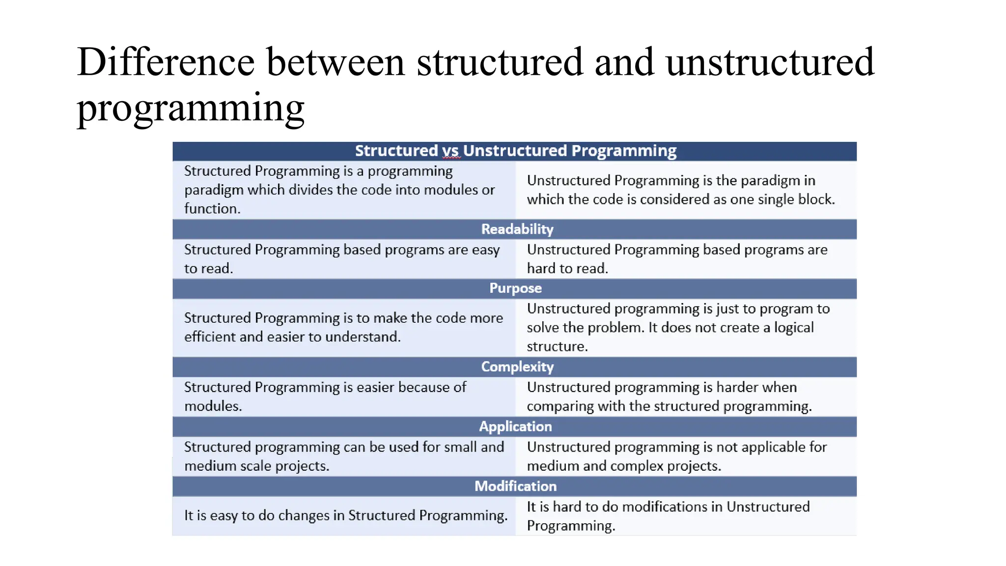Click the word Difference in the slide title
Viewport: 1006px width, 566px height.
click(x=166, y=62)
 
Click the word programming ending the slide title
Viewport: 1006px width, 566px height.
click(x=191, y=108)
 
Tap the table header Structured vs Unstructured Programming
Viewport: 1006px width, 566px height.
click(x=515, y=151)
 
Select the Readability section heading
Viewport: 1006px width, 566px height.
click(x=517, y=229)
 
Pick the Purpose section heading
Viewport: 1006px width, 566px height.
click(x=515, y=288)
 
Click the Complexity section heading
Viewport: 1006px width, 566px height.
click(x=517, y=367)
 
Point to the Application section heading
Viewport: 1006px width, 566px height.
click(x=515, y=426)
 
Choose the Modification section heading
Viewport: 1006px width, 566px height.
click(x=515, y=486)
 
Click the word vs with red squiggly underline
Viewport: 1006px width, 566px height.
click(x=450, y=151)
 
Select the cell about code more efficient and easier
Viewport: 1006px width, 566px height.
click(x=343, y=327)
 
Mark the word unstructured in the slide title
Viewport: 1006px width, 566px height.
click(x=770, y=62)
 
